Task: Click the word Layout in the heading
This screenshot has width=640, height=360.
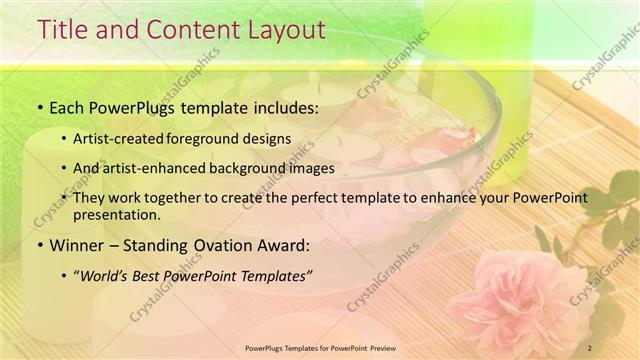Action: [x=289, y=31]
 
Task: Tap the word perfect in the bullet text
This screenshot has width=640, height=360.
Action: [x=328, y=197]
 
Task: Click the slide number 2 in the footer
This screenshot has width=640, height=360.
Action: [x=589, y=347]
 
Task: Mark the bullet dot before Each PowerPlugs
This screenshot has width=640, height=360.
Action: [x=39, y=106]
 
